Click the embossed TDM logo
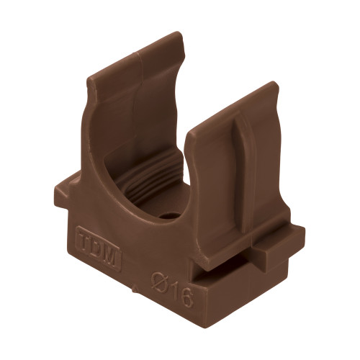tap(99, 248)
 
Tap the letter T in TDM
tap(84, 240)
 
